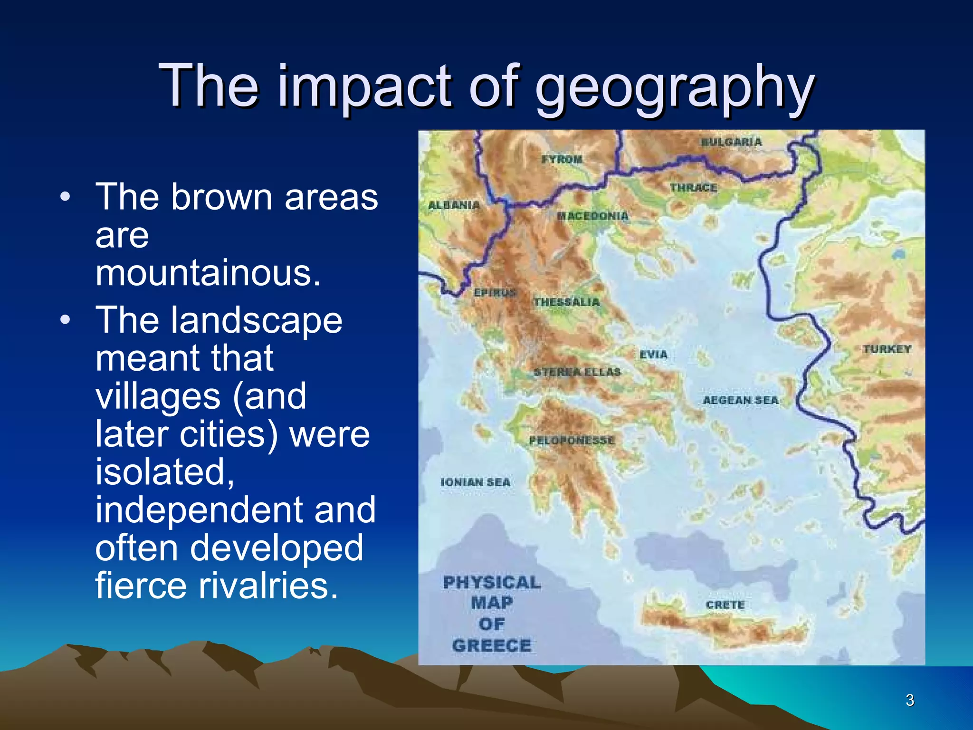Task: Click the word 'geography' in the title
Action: click(x=675, y=88)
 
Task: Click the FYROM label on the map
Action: click(x=562, y=160)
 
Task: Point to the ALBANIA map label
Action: click(x=454, y=205)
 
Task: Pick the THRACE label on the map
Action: click(x=694, y=188)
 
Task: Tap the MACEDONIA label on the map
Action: click(x=593, y=216)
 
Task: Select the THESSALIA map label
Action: click(x=567, y=302)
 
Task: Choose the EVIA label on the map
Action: click(x=654, y=355)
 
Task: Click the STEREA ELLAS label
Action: click(x=577, y=372)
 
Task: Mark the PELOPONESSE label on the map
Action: click(x=572, y=441)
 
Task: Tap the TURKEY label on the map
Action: click(x=887, y=349)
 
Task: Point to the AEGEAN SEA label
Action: click(x=741, y=401)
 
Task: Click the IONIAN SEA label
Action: click(x=476, y=482)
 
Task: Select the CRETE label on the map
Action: click(x=725, y=605)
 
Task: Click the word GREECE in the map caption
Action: click(x=492, y=646)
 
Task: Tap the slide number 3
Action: click(x=910, y=700)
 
